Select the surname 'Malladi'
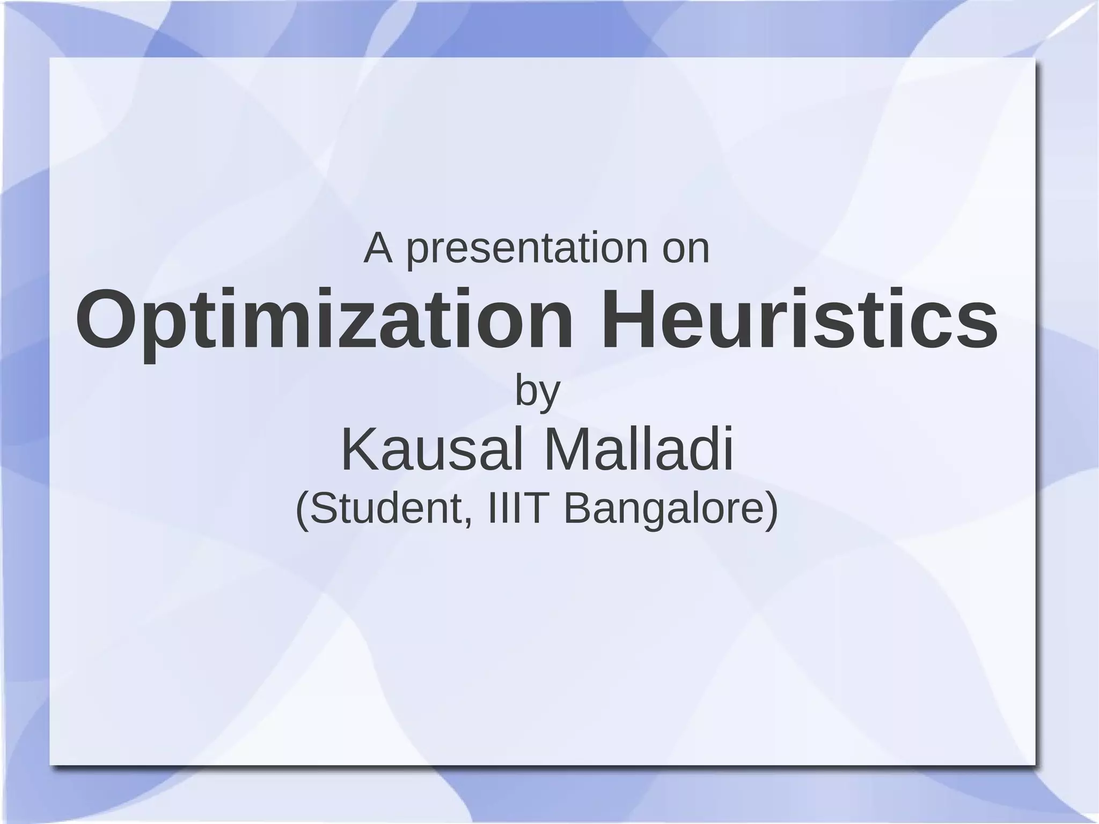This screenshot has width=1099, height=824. click(638, 450)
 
